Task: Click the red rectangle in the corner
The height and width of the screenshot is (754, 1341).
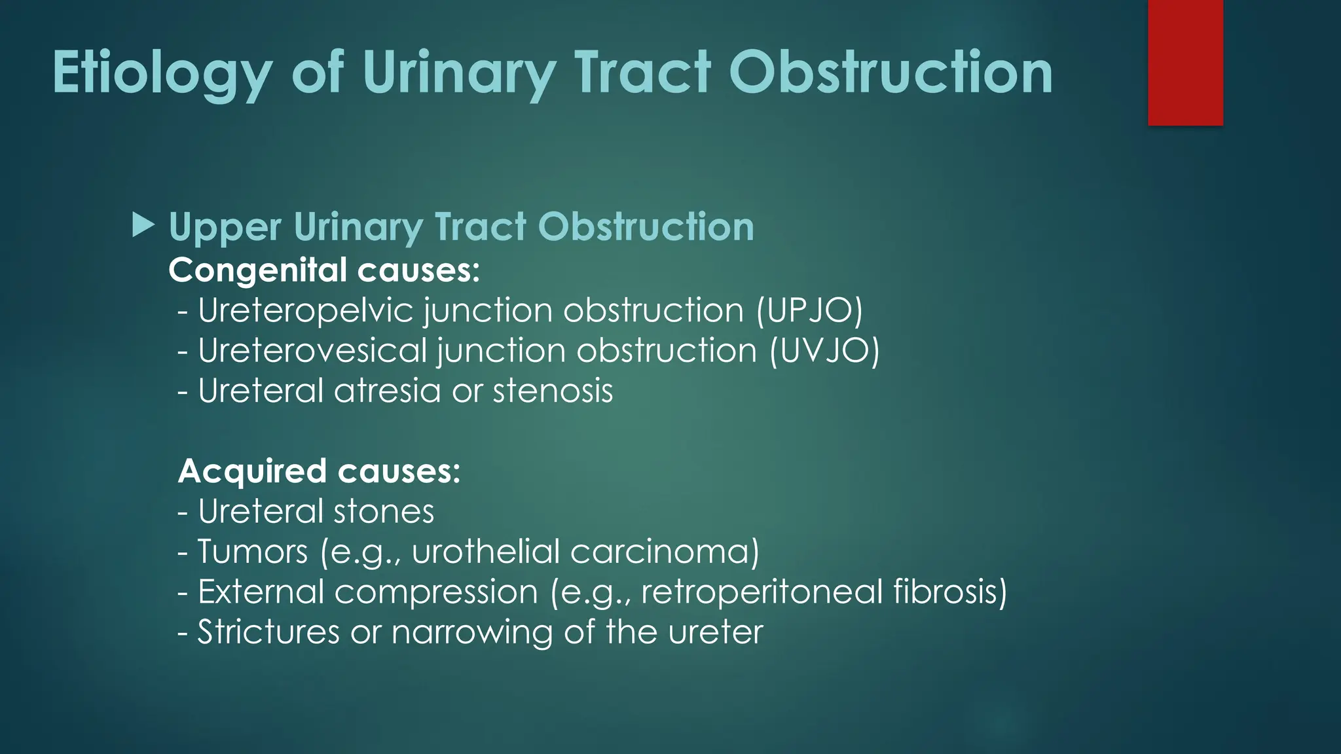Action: pyautogui.click(x=1185, y=62)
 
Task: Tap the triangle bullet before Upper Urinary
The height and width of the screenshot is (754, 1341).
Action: pyautogui.click(x=143, y=225)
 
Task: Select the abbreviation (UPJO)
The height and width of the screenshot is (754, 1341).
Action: pyautogui.click(x=809, y=310)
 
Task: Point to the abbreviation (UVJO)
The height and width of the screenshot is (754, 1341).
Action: pyautogui.click(x=824, y=350)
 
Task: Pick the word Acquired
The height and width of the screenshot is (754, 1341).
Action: pyautogui.click(x=252, y=471)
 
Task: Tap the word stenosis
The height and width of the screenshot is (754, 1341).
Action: pyautogui.click(x=553, y=391)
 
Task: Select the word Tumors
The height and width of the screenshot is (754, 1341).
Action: pyautogui.click(x=253, y=551)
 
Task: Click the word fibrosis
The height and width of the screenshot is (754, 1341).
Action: pyautogui.click(x=950, y=592)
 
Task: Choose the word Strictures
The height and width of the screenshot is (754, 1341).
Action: pyautogui.click(x=268, y=632)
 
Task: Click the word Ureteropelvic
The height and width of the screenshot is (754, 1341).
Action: pyautogui.click(x=306, y=310)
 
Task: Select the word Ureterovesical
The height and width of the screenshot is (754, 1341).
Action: pyautogui.click(x=312, y=350)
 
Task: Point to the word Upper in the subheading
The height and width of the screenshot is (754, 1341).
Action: pyautogui.click(x=225, y=227)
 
